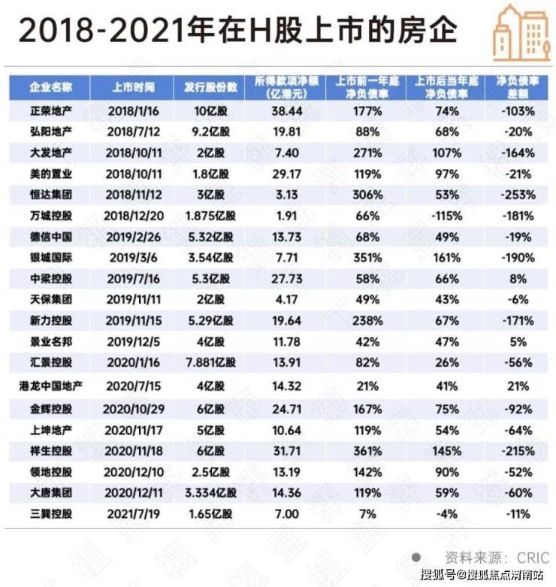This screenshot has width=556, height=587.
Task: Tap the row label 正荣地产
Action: tap(50, 111)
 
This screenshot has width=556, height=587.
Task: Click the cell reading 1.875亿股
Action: tap(208, 216)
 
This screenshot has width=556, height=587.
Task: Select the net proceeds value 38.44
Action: tap(283, 111)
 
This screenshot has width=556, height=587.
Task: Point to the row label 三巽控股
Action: tap(50, 514)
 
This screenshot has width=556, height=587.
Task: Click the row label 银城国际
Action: tap(50, 258)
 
